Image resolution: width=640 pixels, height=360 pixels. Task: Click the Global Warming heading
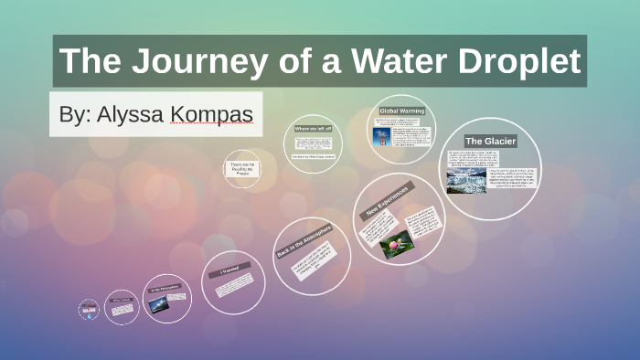pyautogui.click(x=401, y=111)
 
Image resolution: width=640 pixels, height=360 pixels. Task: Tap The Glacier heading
pyautogui.click(x=491, y=141)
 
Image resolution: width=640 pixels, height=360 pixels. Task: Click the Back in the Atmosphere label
pyautogui.click(x=303, y=240)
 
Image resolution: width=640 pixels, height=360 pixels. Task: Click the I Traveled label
pyautogui.click(x=228, y=270)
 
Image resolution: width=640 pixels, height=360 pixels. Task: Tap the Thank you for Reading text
pyautogui.click(x=242, y=168)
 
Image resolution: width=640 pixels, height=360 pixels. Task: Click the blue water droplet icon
pyautogui.click(x=88, y=310)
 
